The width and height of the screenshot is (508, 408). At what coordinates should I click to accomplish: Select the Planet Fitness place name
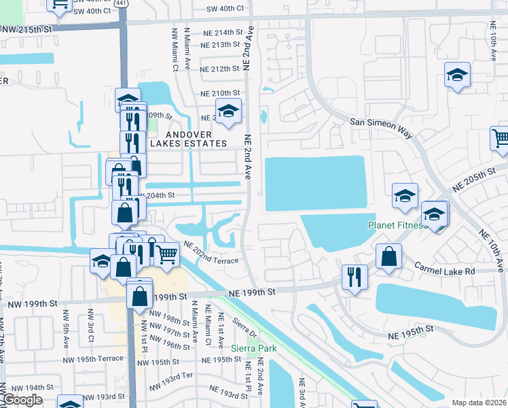[397, 225]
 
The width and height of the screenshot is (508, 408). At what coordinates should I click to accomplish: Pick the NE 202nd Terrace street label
[210, 256]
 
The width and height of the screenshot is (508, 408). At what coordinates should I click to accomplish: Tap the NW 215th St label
[27, 30]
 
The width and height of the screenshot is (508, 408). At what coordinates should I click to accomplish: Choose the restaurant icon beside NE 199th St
[355, 277]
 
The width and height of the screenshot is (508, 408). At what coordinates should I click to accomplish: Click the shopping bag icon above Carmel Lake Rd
[389, 257]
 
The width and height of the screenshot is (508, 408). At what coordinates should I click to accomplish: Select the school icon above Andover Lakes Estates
[229, 110]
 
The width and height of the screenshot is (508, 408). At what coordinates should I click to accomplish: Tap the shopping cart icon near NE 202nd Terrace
[166, 255]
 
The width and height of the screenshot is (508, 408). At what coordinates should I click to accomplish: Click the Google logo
[22, 400]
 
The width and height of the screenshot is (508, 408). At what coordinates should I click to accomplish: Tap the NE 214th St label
[221, 33]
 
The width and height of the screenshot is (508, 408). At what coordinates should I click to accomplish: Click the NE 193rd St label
[229, 392]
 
